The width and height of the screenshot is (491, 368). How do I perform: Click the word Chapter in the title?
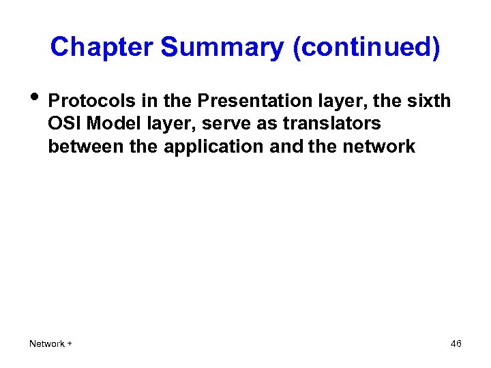102,47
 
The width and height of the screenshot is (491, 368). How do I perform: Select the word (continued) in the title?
366,47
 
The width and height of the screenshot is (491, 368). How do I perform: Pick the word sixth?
430,102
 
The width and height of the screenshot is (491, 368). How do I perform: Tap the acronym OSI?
64,124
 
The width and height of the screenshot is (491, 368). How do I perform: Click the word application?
213,147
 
